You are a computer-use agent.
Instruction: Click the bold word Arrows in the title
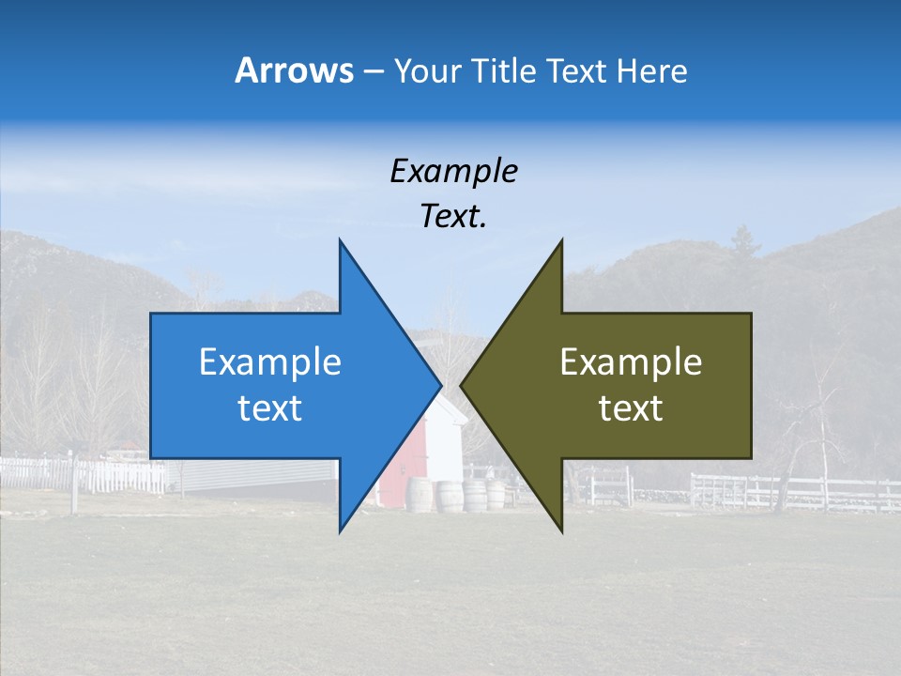point(294,70)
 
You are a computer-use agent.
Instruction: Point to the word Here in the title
point(651,70)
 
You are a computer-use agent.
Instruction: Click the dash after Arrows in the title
point(373,71)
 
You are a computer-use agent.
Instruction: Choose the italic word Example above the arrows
point(453,171)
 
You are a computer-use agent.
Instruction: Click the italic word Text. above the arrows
point(453,217)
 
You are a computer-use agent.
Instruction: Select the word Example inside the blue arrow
point(269,361)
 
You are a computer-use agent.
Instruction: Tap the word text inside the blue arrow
point(269,408)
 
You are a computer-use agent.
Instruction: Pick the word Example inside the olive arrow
point(631,361)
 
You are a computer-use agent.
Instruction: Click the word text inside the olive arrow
point(631,408)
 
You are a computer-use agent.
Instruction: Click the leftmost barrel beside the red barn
point(420,496)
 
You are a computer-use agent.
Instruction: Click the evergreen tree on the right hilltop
point(743,241)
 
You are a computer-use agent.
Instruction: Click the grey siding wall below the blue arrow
point(253,477)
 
